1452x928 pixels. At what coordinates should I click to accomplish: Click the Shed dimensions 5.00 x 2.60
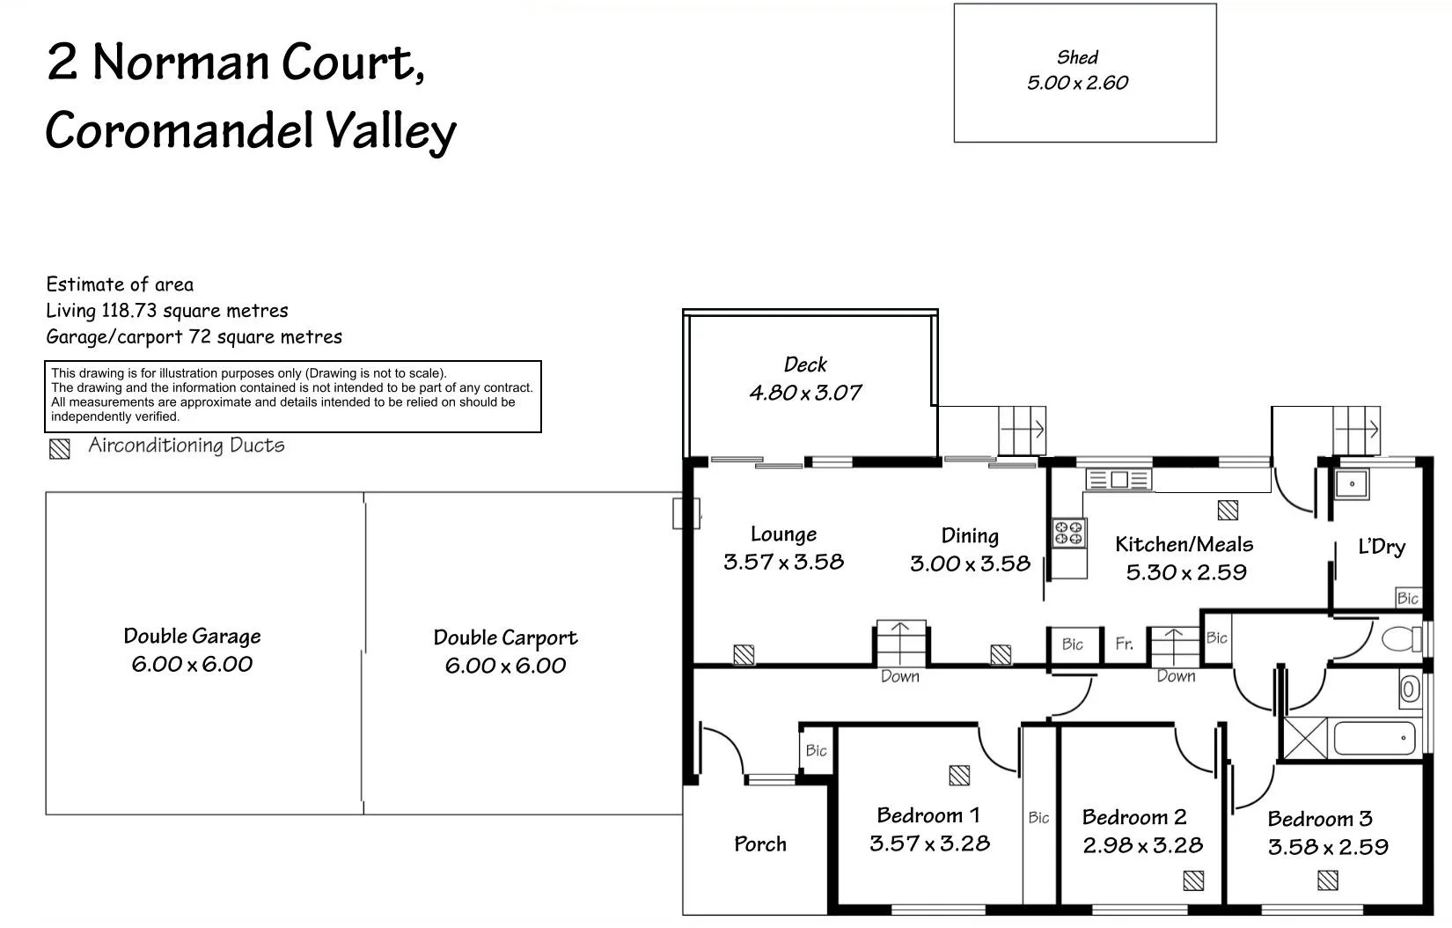point(1077,83)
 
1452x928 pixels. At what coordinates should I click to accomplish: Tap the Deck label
point(805,365)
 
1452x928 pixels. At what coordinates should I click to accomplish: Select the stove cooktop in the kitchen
point(1069,533)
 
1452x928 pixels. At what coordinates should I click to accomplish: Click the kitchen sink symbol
point(1118,480)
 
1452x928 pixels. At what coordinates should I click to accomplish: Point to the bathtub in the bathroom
point(1374,738)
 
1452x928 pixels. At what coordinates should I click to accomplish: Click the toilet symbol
point(1403,638)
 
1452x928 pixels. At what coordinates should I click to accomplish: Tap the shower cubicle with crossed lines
point(1305,739)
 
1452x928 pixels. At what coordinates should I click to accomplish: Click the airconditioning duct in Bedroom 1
point(959,776)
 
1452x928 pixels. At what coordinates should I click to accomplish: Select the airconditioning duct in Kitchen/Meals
point(1228,510)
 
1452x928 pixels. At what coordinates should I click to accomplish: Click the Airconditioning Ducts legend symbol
point(59,449)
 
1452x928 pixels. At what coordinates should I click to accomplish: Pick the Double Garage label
point(192,637)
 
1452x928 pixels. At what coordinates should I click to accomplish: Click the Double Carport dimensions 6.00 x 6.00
point(505,666)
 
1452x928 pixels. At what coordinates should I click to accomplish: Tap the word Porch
point(760,844)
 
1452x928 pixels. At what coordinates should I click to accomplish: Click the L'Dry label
point(1382,547)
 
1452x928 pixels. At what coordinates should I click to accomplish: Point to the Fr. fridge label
point(1124,644)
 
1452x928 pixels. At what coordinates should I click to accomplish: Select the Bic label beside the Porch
point(816,750)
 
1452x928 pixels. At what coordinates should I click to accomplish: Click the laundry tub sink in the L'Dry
point(1351,483)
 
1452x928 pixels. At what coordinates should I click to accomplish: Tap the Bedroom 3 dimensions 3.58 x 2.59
point(1328,847)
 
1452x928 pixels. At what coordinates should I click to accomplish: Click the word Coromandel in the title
point(180,131)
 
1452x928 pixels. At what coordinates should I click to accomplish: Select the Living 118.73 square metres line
point(167,311)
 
